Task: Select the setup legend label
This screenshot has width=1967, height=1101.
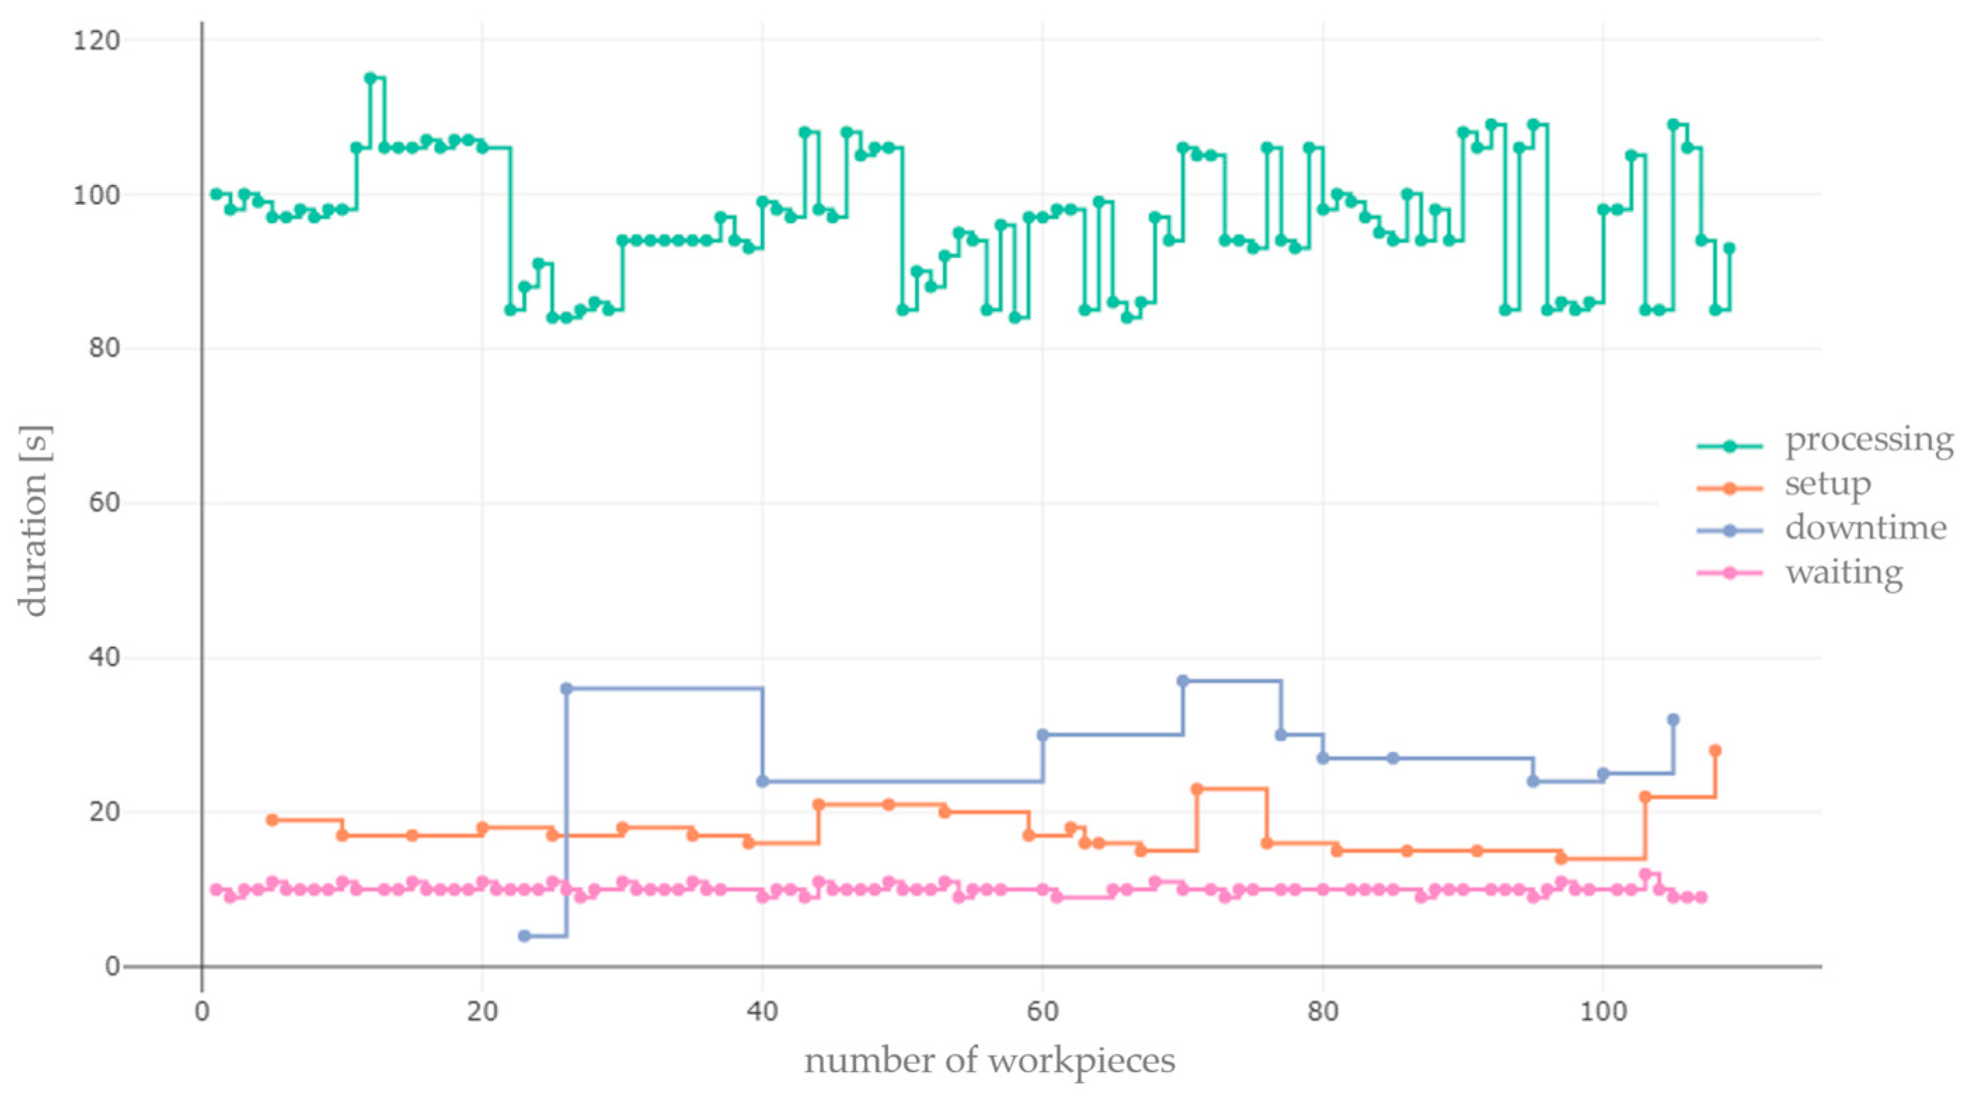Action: [1828, 485]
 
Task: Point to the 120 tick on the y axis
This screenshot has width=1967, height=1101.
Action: [96, 41]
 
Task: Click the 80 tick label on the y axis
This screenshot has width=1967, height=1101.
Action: [104, 348]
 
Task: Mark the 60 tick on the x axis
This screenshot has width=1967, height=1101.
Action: [1042, 1012]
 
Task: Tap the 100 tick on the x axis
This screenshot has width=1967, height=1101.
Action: [1602, 1012]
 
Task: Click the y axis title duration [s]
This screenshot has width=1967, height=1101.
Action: [34, 521]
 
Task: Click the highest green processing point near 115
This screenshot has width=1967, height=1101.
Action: [370, 78]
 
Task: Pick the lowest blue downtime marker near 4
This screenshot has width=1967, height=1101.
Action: [524, 936]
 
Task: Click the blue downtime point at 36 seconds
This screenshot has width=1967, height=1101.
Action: [566, 689]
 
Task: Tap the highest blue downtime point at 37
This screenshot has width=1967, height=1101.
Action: [1183, 681]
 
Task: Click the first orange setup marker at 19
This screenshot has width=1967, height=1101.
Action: [272, 820]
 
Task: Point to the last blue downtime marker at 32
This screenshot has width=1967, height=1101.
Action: [1673, 719]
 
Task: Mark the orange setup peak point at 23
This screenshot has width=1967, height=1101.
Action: [1197, 788]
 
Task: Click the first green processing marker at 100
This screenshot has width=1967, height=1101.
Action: [216, 194]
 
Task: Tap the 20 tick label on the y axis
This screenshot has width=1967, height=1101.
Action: [104, 812]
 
